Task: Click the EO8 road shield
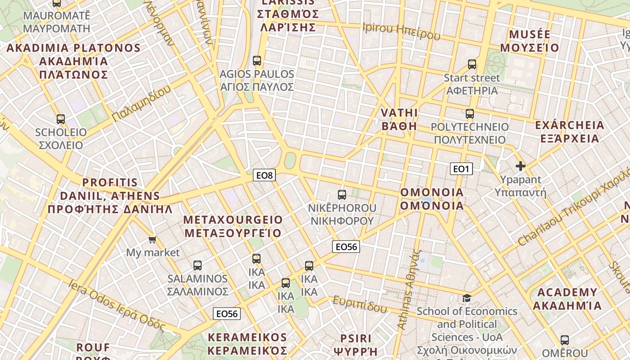click(264, 175)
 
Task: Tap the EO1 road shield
click(461, 169)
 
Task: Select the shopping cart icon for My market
click(153, 239)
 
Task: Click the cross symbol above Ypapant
click(521, 166)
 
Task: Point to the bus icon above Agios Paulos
click(257, 60)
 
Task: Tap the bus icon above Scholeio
click(61, 119)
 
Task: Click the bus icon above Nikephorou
click(342, 195)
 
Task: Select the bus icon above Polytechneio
click(470, 113)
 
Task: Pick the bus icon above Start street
click(472, 64)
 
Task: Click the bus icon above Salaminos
click(197, 265)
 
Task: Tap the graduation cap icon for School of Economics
click(467, 298)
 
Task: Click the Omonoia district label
click(432, 199)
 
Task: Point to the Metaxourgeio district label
click(233, 226)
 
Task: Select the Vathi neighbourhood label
click(399, 119)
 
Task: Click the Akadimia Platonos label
click(74, 61)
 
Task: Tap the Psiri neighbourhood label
click(355, 344)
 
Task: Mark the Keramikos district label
click(247, 344)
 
